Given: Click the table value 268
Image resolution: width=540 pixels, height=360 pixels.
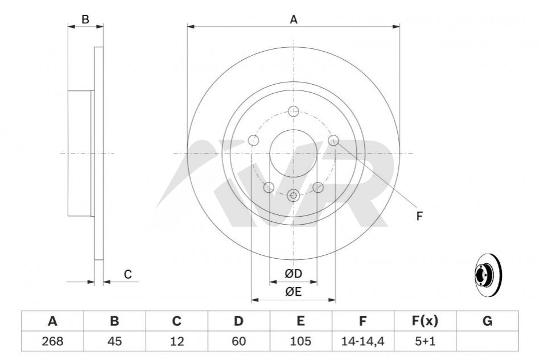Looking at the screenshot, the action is pos(52,341).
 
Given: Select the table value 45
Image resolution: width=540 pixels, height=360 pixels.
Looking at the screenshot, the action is pos(115,341).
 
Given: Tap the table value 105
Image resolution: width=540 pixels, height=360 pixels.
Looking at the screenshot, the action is pos(300,341).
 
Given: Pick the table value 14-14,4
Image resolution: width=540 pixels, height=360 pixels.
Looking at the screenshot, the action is pos(362,341).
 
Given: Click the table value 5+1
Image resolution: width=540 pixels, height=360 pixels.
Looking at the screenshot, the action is pos(425,341).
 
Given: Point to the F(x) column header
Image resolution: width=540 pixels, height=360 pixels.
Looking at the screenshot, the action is pos(425,321).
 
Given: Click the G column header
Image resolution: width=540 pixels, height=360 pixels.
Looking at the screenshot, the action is pos(487,321).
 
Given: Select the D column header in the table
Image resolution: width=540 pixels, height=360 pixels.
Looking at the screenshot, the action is pos(238,321).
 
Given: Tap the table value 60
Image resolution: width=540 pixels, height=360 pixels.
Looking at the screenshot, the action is pos(238,341).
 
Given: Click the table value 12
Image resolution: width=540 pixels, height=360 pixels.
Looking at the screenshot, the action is pos(176,341).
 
